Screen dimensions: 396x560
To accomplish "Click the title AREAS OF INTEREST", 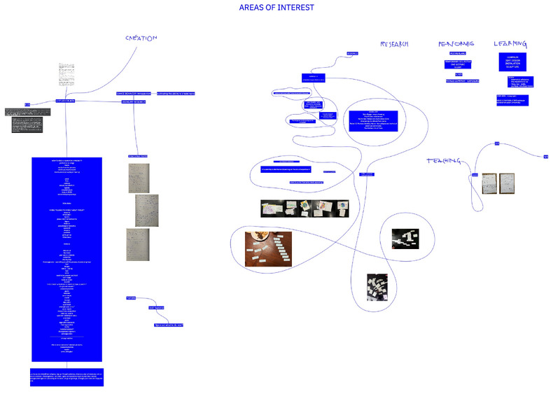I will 276,8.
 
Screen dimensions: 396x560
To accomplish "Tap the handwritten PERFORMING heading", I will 456,43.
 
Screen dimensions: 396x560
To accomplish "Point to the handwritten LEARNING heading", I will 510,43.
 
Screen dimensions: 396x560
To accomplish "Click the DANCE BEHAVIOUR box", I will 135,93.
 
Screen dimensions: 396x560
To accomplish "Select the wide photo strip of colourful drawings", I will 304,209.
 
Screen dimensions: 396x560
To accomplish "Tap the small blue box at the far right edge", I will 545,156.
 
